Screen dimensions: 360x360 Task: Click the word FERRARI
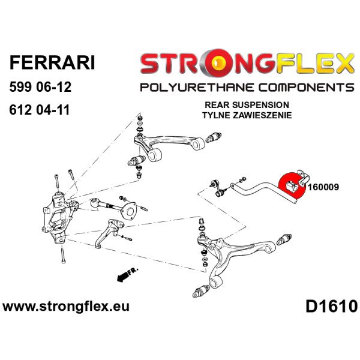tap(52, 62)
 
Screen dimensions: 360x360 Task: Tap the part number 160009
tap(323, 187)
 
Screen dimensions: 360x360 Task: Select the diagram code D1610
tap(331, 307)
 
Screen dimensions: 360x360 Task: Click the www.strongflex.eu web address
tap(66, 307)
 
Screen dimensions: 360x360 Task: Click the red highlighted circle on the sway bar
tap(291, 185)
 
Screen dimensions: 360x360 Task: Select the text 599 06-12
tap(40, 87)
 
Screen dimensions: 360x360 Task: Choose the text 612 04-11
tap(39, 110)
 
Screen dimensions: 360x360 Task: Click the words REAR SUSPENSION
tap(247, 105)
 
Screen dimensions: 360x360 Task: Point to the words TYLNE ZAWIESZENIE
tap(247, 115)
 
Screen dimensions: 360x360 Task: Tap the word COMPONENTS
tap(306, 88)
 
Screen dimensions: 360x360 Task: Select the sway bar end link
tap(219, 189)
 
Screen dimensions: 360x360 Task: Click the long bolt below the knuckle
tap(63, 254)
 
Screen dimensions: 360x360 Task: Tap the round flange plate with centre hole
tap(129, 211)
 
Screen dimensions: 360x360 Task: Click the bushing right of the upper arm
tap(213, 137)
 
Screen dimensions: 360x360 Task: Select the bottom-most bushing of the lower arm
tap(201, 292)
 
